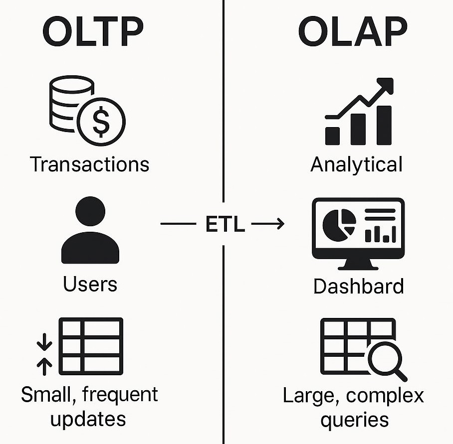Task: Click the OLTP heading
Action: pyautogui.click(x=93, y=31)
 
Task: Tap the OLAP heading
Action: pyautogui.click(x=353, y=31)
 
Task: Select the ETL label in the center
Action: pyautogui.click(x=225, y=224)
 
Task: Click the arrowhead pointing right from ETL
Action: pyautogui.click(x=280, y=224)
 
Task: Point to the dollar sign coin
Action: pyautogui.click(x=101, y=122)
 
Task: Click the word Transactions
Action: pyautogui.click(x=90, y=164)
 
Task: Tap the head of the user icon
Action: pyautogui.click(x=90, y=211)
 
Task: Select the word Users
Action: pyautogui.click(x=90, y=284)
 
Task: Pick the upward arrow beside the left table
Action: pyautogui.click(x=44, y=366)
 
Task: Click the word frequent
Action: pyautogui.click(x=120, y=395)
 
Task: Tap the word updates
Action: pyautogui.click(x=88, y=420)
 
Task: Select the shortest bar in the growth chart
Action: pyautogui.click(x=333, y=136)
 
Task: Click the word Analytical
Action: pyautogui.click(x=357, y=165)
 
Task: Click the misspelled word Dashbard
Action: pyautogui.click(x=359, y=287)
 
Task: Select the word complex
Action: pyautogui.click(x=385, y=396)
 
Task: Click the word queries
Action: pyautogui.click(x=355, y=421)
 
